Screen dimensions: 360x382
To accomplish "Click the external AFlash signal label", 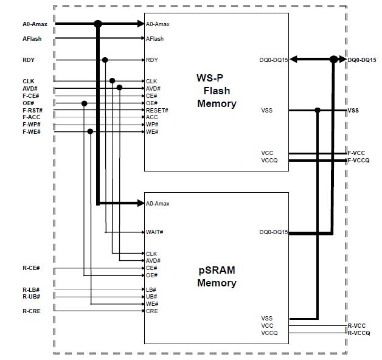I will click(x=32, y=39).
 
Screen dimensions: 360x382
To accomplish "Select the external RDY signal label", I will click(x=28, y=60).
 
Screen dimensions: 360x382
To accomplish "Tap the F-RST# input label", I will click(x=32, y=110).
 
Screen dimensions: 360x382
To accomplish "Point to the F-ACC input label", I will click(x=32, y=117).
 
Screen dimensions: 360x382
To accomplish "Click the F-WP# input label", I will click(x=32, y=125).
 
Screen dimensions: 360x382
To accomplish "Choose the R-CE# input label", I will click(x=31, y=268).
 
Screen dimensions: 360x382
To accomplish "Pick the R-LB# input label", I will click(x=31, y=289).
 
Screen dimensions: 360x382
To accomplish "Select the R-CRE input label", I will click(x=31, y=311).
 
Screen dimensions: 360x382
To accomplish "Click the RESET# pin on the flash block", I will click(x=157, y=110).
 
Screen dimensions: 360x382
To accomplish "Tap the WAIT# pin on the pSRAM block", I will click(x=155, y=232).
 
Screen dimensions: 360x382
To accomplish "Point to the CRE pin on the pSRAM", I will click(x=151, y=311).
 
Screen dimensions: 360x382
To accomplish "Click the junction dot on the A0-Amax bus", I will click(x=97, y=24).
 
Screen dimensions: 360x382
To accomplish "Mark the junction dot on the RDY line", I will click(x=105, y=60).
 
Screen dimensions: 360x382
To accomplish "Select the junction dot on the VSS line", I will click(x=318, y=110).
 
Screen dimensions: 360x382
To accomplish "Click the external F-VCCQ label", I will click(x=358, y=161).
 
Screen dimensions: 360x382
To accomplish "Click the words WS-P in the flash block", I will click(x=209, y=78).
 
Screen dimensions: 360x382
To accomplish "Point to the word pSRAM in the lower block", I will click(x=217, y=271).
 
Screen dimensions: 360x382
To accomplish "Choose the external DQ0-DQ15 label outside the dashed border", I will click(x=362, y=60).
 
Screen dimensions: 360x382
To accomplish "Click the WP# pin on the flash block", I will click(x=152, y=125).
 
